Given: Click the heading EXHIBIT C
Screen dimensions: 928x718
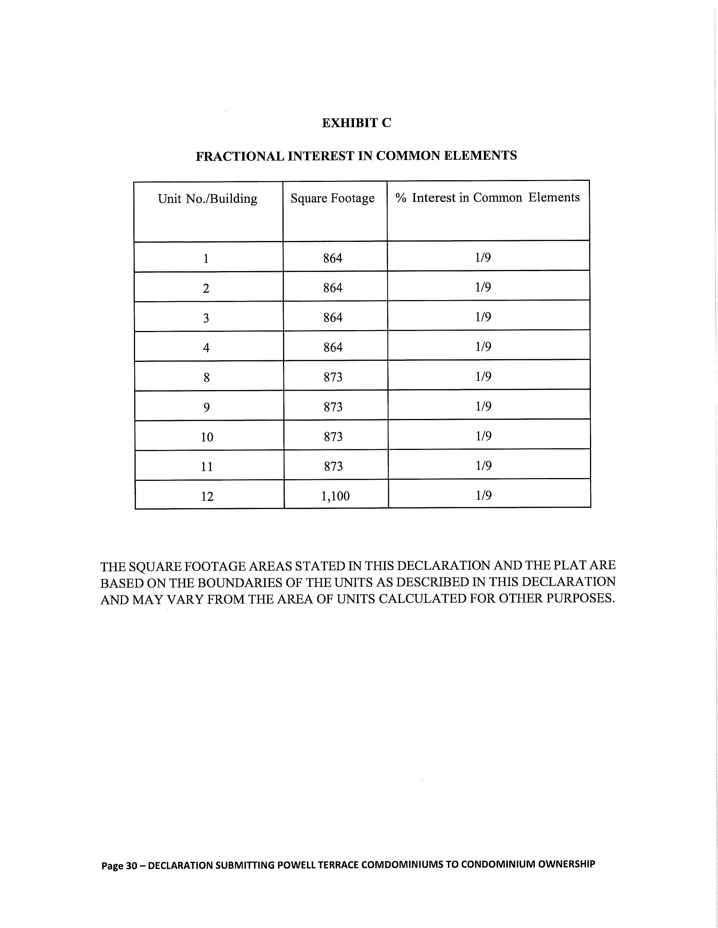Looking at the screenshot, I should pos(356,123).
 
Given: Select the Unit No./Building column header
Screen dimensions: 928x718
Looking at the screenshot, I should pos(207,199).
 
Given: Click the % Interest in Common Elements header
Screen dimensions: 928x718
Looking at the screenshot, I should pos(487,198).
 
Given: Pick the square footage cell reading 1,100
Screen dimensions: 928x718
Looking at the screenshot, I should pos(335,496).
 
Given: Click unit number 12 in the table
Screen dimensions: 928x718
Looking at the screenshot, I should pos(207,496).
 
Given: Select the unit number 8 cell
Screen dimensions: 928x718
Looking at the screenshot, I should pos(207,377).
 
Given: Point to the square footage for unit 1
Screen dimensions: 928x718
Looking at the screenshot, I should pos(333,258).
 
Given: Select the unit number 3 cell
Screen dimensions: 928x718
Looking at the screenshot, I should pos(206,318).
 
